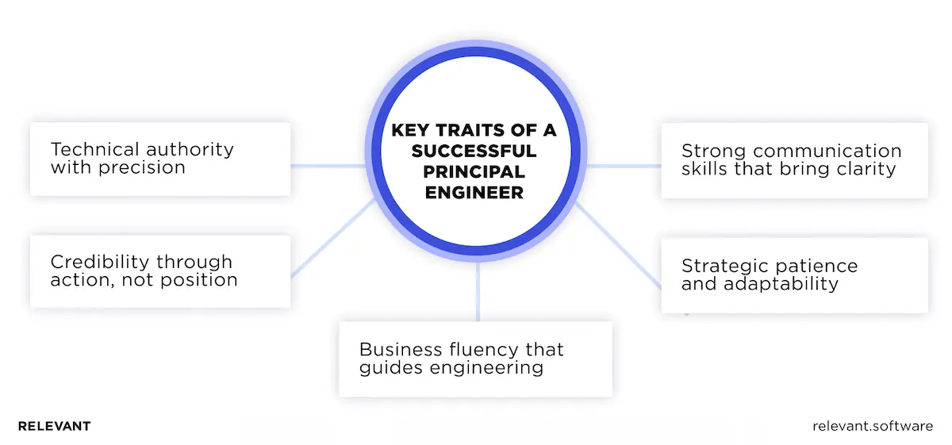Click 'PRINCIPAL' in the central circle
point(474,171)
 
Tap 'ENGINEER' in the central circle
point(474,192)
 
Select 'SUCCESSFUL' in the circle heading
point(474,151)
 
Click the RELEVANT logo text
point(54,427)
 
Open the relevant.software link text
point(873,427)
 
